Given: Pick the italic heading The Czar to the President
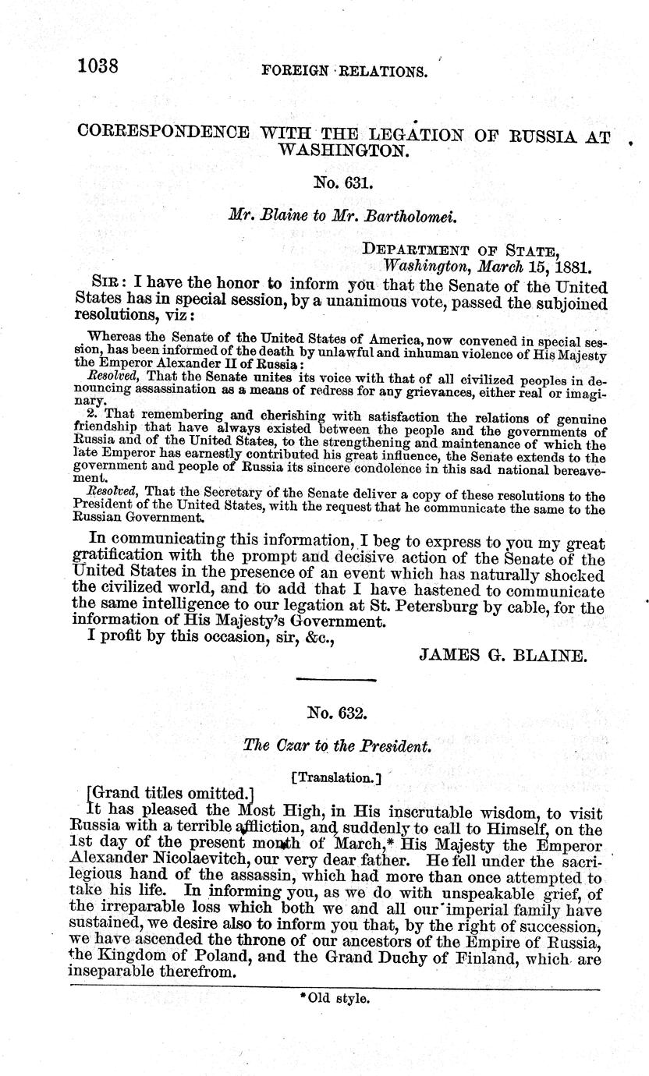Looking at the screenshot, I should [337, 746].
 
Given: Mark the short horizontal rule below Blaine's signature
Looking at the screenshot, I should [336, 680].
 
